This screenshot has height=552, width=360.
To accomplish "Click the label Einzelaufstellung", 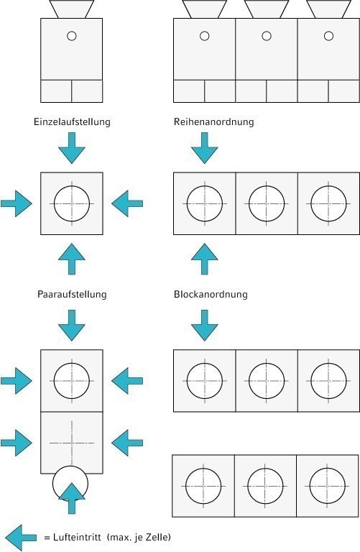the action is (x=72, y=121).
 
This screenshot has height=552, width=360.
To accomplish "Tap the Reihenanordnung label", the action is (x=213, y=121).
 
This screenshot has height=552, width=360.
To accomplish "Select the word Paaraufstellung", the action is (x=72, y=294).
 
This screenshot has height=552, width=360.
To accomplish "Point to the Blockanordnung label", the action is (x=211, y=294).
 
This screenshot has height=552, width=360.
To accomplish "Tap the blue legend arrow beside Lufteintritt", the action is (x=21, y=537).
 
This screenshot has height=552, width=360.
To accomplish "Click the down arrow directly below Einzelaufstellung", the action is (x=72, y=148).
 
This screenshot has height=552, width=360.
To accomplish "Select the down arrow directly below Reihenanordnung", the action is (x=205, y=148).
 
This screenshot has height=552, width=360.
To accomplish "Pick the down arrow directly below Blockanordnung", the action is (x=205, y=326).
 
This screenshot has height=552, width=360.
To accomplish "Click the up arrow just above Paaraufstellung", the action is (x=72, y=259).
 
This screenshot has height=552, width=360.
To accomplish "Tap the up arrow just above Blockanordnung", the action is (x=205, y=259).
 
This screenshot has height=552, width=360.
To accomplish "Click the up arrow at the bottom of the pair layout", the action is (x=72, y=499).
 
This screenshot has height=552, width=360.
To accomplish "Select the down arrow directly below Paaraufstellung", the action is (x=72, y=326).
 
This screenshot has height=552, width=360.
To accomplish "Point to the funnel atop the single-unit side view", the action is (x=72, y=9).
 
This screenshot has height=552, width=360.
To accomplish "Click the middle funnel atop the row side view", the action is (x=267, y=9).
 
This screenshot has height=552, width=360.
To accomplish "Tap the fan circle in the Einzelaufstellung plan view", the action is (x=72, y=186).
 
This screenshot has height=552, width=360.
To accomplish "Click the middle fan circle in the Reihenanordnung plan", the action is (x=267, y=186).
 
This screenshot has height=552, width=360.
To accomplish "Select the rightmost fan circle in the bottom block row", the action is (x=327, y=469).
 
